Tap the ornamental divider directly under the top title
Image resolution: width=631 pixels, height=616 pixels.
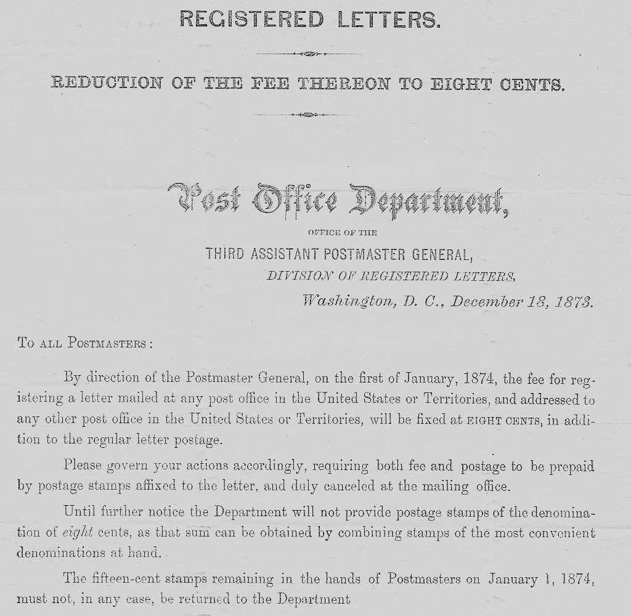point(309,54)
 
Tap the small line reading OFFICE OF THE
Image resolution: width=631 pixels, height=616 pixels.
point(341,233)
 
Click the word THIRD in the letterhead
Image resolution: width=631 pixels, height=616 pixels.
point(226,253)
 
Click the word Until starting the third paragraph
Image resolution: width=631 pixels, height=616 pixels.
point(79,511)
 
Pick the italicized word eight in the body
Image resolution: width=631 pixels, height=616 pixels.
point(78,533)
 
